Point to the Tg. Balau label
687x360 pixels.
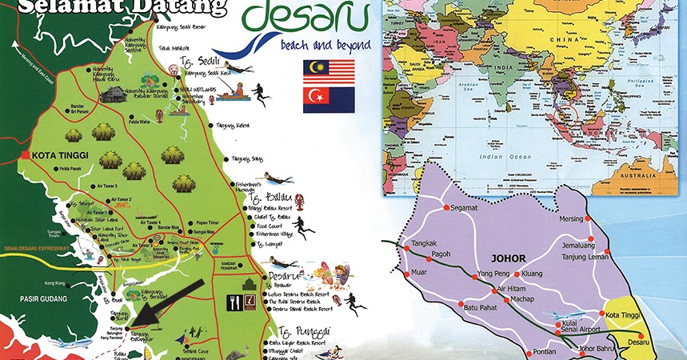click(x=266, y=197)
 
